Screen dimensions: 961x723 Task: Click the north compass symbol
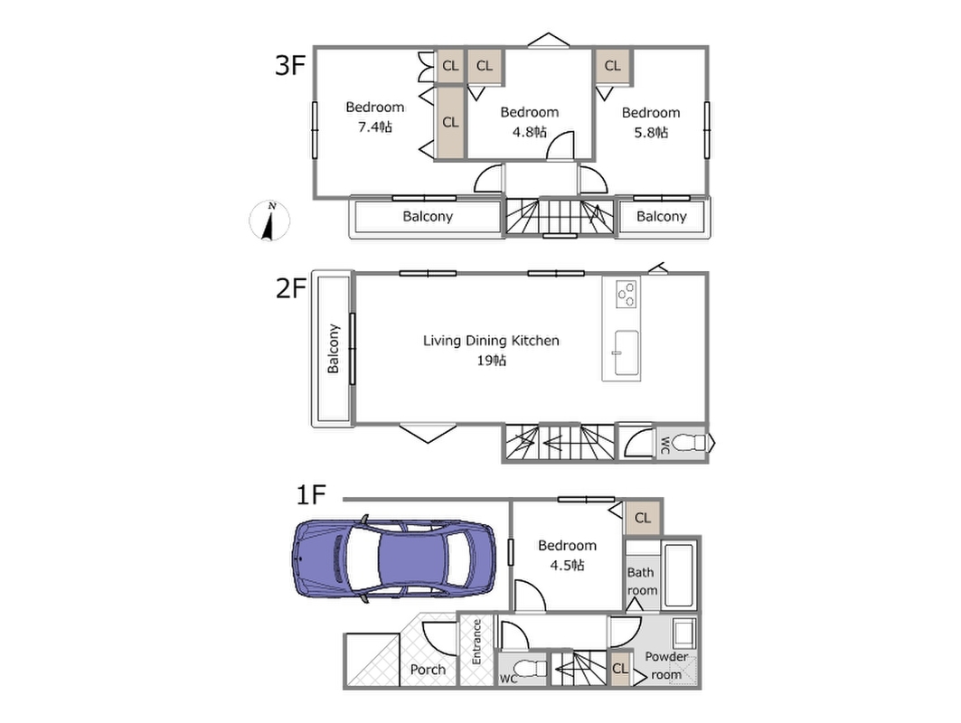point(269,221)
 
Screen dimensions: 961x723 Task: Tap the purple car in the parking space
point(394,559)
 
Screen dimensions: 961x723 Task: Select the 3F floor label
point(290,64)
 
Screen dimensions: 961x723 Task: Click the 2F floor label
point(290,288)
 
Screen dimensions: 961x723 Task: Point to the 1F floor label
point(311,494)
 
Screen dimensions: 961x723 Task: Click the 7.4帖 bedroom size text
point(375,127)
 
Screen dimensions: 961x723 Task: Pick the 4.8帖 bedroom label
point(530,132)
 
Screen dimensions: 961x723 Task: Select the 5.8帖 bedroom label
point(651,132)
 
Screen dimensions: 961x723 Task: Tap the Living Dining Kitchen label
point(491,341)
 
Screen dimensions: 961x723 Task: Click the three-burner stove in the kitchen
point(627,294)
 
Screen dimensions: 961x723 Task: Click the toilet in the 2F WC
point(688,442)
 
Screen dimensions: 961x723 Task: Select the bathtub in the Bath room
point(679,576)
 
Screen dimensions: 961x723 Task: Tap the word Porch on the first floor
point(428,669)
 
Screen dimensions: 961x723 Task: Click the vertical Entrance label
point(476,642)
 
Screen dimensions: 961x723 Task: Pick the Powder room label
point(666,665)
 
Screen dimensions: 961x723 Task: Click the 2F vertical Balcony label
point(333,349)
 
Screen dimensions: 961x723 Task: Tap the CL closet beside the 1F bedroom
point(642,518)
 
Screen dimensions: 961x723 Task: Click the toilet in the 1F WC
point(530,667)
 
